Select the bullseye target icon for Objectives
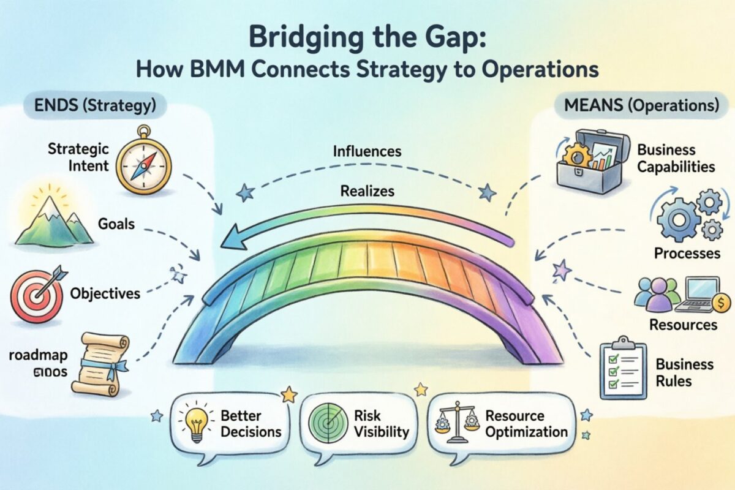(36, 297)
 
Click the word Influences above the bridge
(367, 150)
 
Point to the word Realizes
(367, 191)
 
